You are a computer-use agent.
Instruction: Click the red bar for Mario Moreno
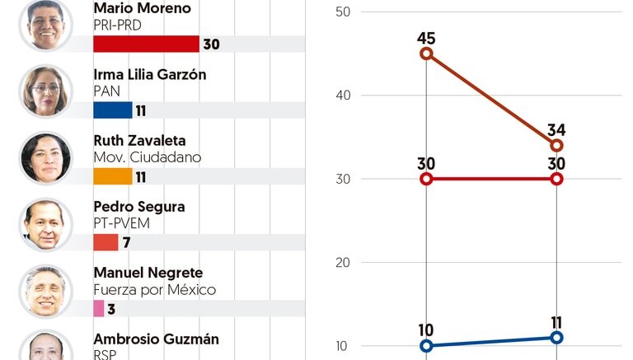(146, 44)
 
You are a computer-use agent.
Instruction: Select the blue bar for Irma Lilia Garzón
(113, 110)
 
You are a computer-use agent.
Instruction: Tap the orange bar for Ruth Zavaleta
(113, 176)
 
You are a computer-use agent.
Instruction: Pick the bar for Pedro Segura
(106, 242)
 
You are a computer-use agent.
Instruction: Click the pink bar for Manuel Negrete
(99, 308)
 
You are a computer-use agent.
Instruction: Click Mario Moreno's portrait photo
(45, 25)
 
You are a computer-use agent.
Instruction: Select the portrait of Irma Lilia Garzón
(45, 90)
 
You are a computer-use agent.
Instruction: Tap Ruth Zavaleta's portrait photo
(45, 157)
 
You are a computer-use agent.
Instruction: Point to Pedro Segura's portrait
(45, 223)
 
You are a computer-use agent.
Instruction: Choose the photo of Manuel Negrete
(45, 290)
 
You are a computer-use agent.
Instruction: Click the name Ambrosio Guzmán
(157, 339)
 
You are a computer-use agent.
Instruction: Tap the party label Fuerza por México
(155, 290)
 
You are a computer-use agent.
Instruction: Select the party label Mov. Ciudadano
(148, 157)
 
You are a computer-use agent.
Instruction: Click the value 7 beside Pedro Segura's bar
(126, 243)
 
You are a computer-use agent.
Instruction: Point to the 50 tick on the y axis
(343, 12)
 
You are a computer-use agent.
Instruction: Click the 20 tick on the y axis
(343, 263)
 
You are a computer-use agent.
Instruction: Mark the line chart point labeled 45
(426, 54)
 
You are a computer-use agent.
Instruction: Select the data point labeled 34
(556, 146)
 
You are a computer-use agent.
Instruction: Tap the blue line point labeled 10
(426, 346)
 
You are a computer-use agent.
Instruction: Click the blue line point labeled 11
(556, 338)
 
